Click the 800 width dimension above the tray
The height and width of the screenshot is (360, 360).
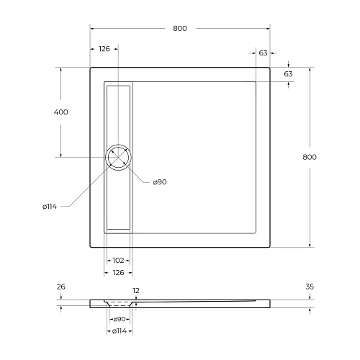pyautogui.click(x=180, y=29)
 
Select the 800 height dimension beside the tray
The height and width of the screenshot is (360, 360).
pyautogui.click(x=310, y=157)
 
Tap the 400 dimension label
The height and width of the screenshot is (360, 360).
pyautogui.click(x=60, y=112)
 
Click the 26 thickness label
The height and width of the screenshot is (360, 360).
pyautogui.click(x=60, y=287)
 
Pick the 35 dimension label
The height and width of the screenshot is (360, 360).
pyautogui.click(x=310, y=287)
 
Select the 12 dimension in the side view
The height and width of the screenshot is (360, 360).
pyautogui.click(x=136, y=292)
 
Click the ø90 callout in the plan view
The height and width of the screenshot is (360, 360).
pyautogui.click(x=160, y=182)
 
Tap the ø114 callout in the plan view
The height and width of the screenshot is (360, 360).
pyautogui.click(x=50, y=207)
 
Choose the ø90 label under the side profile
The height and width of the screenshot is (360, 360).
pyautogui.click(x=120, y=319)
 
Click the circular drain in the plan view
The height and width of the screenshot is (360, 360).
pyautogui.click(x=118, y=157)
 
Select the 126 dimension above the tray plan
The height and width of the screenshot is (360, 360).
pyautogui.click(x=104, y=49)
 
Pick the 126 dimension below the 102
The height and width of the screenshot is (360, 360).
pyautogui.click(x=118, y=273)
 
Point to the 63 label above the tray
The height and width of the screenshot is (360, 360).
pyautogui.click(x=263, y=53)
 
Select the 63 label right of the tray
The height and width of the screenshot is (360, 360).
pyautogui.click(x=288, y=74)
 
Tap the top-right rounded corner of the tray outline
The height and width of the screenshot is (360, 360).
pyautogui.click(x=268, y=69)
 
